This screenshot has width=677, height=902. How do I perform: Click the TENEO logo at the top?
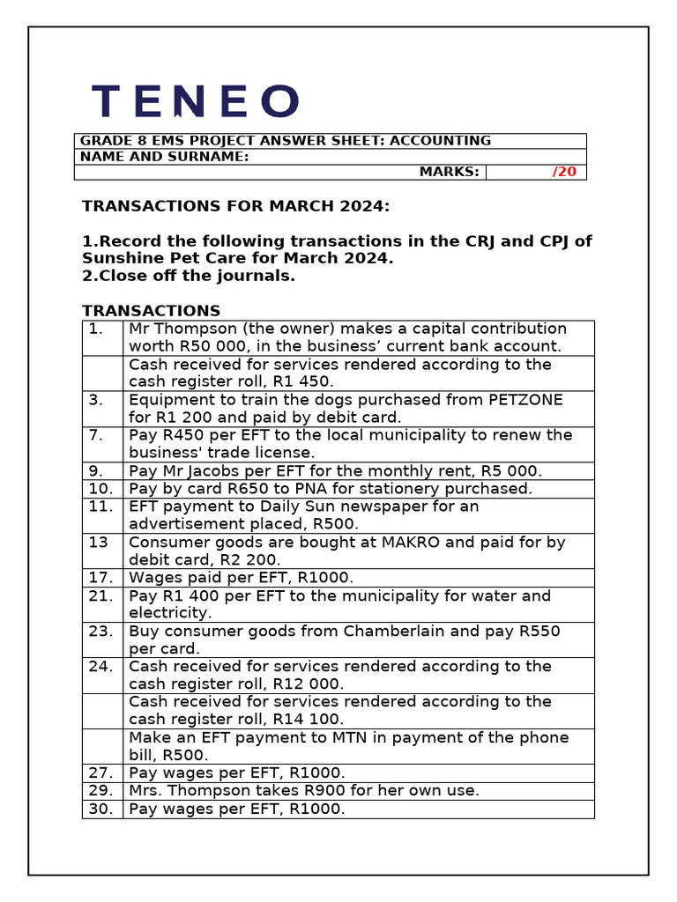pos(196,101)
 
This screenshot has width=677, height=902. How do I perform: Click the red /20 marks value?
pos(564,172)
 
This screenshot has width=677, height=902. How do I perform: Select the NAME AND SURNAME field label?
pos(165,157)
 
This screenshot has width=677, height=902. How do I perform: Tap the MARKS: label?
pos(449,172)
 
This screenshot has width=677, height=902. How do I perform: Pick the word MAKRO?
pos(414,543)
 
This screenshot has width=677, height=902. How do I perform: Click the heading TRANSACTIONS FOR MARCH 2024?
pos(235,206)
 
